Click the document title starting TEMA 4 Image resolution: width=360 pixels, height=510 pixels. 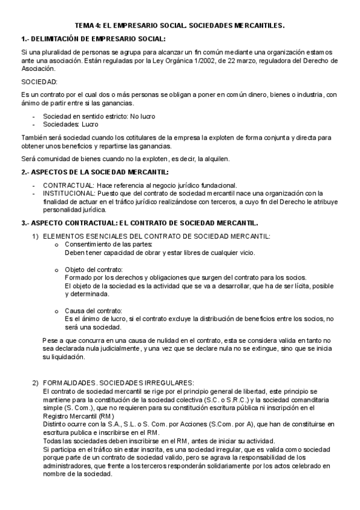pyautogui.click(x=180, y=26)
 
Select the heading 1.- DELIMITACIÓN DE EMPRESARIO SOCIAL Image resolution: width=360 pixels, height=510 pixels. pyautogui.click(x=93, y=39)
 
